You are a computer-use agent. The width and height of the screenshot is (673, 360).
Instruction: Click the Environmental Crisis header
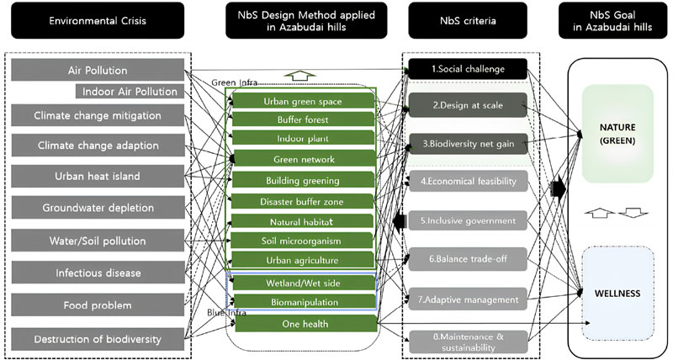(103, 20)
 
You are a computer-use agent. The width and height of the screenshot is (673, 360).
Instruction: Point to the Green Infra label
(235, 82)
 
